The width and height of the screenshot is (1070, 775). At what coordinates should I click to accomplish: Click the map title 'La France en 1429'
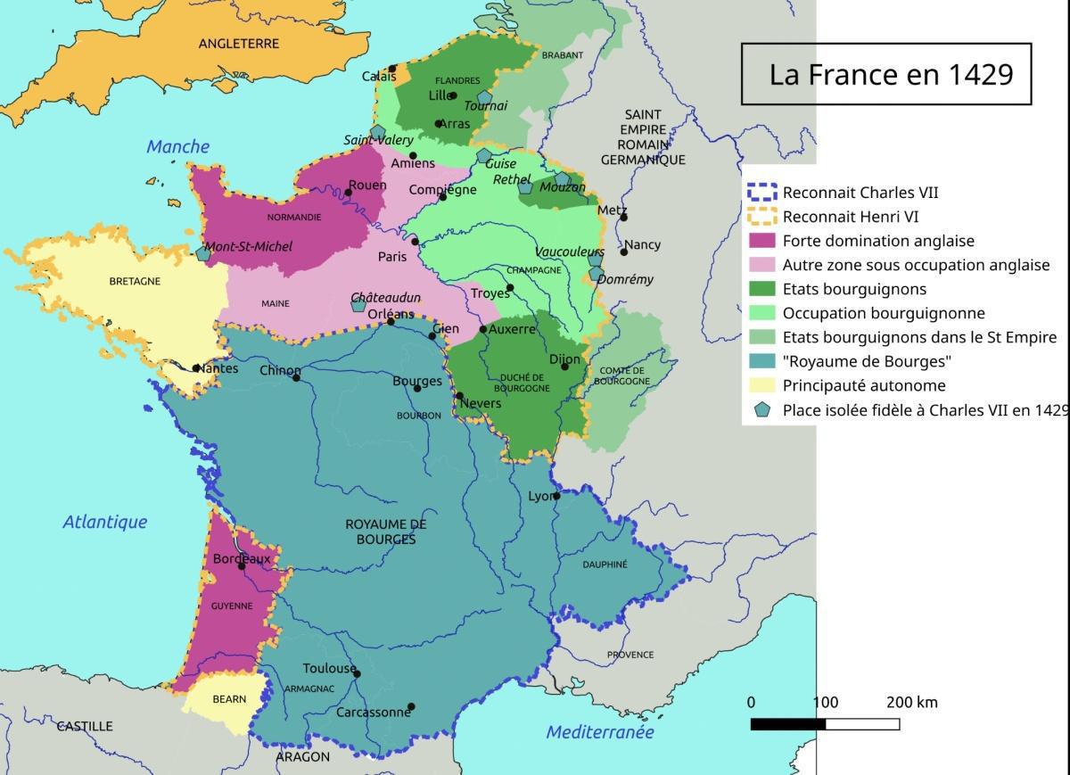[891, 74]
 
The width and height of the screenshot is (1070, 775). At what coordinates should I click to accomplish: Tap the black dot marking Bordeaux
[242, 566]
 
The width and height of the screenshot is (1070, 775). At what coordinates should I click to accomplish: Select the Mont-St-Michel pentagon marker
[203, 254]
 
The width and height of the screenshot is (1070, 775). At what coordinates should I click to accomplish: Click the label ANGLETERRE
[238, 43]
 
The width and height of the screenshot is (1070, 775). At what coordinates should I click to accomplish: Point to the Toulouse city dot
[357, 674]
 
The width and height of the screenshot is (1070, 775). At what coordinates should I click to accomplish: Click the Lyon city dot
[556, 496]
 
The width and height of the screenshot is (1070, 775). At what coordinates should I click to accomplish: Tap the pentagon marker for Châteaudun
[358, 305]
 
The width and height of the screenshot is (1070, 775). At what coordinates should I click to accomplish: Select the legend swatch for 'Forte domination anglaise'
[761, 241]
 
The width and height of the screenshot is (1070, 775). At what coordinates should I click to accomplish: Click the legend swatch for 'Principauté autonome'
[761, 386]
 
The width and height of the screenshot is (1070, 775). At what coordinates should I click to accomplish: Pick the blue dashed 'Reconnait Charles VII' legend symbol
[761, 193]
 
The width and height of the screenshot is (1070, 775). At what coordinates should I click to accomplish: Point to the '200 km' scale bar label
[911, 703]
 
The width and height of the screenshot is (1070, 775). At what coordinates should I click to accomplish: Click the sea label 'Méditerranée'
[599, 732]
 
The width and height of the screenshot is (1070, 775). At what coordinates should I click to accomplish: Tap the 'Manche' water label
[178, 147]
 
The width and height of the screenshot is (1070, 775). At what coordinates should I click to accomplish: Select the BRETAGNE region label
[135, 281]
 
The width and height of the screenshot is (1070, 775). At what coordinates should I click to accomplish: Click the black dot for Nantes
[196, 367]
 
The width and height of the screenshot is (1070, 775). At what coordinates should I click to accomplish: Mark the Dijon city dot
[564, 367]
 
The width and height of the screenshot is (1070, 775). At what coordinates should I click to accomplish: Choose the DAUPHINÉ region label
[605, 565]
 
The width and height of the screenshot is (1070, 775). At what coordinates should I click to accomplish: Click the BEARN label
[229, 699]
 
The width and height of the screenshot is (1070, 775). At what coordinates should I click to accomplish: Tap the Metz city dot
[623, 218]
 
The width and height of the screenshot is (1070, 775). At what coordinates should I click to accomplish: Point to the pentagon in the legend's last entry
[761, 410]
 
